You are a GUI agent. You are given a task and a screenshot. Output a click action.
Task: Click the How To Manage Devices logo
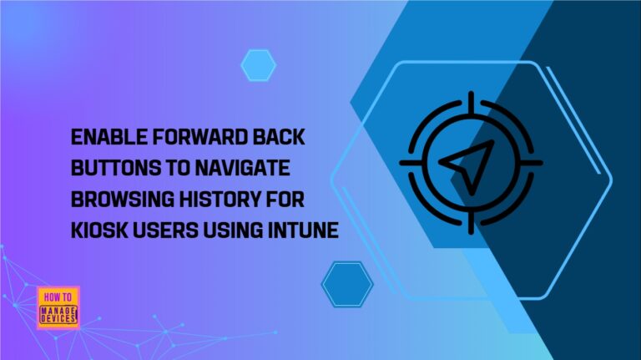point(58,307)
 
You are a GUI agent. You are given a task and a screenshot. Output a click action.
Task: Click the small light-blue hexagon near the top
point(258,64)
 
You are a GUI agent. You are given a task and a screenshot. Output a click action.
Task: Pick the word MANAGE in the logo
point(58,310)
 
